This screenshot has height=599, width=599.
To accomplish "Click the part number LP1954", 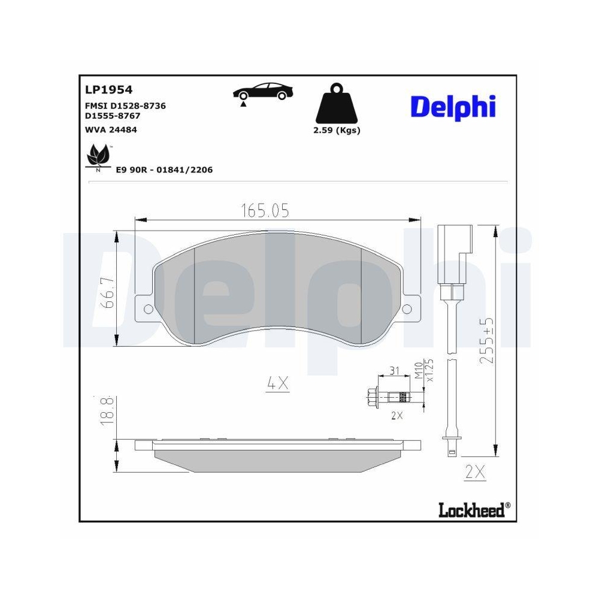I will (108, 90).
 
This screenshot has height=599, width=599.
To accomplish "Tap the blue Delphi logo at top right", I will (453, 107).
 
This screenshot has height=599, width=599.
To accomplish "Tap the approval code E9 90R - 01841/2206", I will (164, 170).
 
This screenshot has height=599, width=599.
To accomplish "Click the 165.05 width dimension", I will (265, 210).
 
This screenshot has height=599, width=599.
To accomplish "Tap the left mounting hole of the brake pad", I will (146, 309).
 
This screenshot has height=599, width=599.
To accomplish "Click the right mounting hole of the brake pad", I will (407, 309).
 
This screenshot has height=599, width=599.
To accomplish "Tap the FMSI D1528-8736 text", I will (125, 105).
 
